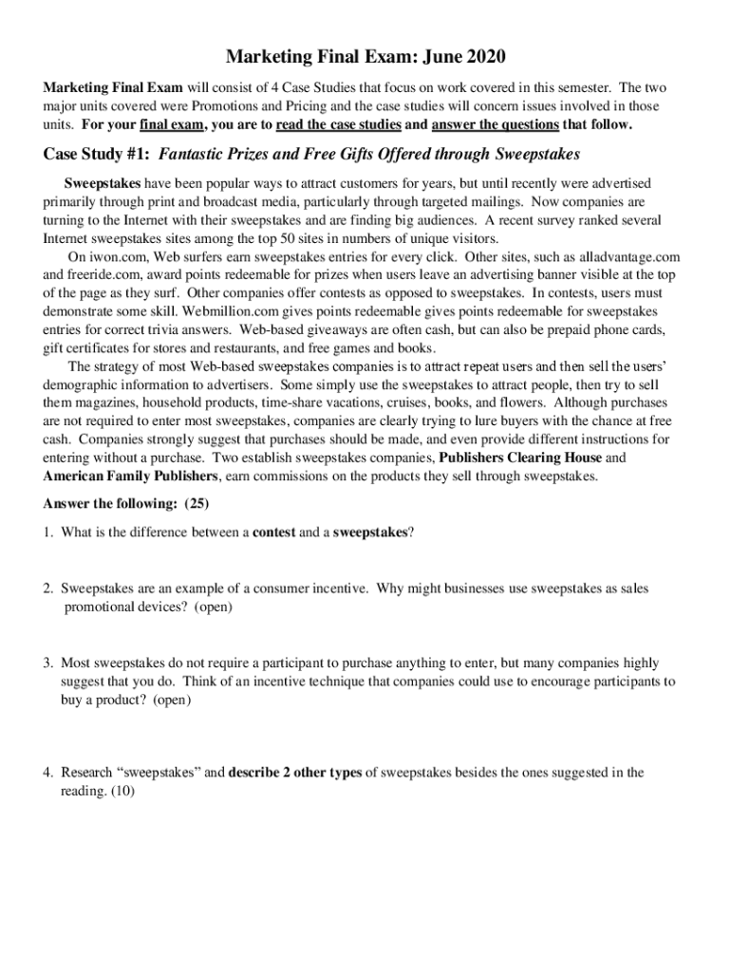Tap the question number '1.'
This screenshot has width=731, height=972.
(47, 533)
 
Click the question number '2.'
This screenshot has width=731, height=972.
(47, 589)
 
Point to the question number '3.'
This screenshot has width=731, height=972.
(47, 663)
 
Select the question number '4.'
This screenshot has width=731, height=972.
(47, 773)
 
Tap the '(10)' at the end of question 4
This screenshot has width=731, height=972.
(122, 791)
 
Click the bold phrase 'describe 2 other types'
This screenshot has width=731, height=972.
(294, 773)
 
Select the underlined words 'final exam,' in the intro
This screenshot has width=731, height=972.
(171, 124)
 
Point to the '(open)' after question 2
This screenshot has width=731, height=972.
(214, 607)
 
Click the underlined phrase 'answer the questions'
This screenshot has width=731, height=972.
(495, 124)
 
